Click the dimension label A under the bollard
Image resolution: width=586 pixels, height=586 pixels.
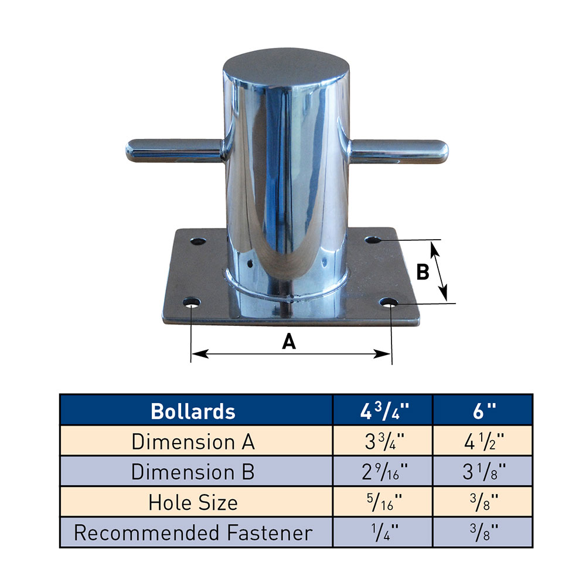tap(288, 341)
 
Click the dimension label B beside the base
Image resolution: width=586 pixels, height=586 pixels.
tap(423, 272)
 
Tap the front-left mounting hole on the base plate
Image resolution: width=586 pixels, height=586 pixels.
tap(192, 304)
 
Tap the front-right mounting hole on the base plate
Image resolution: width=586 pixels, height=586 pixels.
tap(391, 303)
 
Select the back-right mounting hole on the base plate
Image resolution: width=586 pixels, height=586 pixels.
tap(373, 240)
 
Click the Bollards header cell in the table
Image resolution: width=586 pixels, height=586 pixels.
tap(193, 411)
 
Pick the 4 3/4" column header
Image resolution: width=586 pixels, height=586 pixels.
tap(383, 411)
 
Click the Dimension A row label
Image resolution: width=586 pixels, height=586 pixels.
tap(193, 441)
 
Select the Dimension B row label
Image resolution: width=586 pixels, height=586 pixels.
tap(193, 472)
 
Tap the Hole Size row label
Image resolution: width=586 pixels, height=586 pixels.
tap(193, 502)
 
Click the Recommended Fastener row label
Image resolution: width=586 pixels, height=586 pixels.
tap(193, 533)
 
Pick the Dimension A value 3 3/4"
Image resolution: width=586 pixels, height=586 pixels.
tap(383, 441)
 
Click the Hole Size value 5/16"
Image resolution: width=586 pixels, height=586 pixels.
tap(383, 502)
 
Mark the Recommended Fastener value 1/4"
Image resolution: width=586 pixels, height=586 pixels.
tap(383, 533)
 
